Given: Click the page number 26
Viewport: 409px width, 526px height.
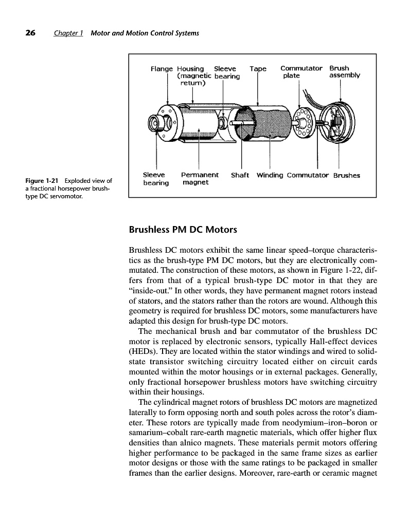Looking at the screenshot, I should point(30,33).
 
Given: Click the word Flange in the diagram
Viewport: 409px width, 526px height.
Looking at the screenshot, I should point(162,68).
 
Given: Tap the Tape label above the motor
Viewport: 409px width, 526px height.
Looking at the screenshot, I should point(258,68).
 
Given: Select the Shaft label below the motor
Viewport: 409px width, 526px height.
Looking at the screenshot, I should point(240,175).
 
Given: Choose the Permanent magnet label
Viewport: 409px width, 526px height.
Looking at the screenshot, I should point(200,178).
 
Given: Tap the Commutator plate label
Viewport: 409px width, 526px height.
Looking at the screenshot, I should point(301,71).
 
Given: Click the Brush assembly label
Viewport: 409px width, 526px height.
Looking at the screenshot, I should point(344,71).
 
